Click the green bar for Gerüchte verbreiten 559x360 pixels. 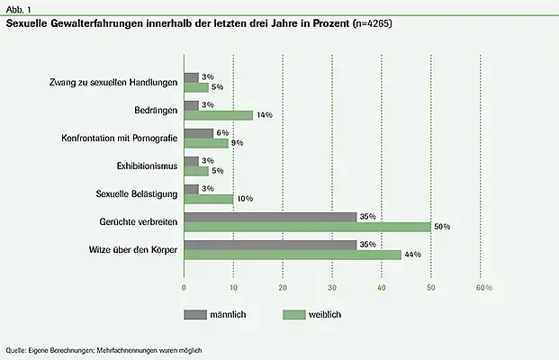click(307, 227)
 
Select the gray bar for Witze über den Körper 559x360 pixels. click(270, 244)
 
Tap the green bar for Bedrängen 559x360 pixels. click(219, 115)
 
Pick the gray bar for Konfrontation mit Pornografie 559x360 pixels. click(199, 132)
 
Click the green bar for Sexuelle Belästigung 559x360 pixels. click(209, 199)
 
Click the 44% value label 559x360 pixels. click(413, 255)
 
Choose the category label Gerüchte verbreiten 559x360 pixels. click(138, 221)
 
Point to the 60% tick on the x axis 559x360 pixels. click(483, 287)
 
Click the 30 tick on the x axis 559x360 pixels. click(332, 287)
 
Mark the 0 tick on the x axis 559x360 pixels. click(185, 287)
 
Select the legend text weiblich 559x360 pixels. click(323, 314)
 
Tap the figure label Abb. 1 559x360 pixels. click(21, 8)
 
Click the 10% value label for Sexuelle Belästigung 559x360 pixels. click(243, 199)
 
